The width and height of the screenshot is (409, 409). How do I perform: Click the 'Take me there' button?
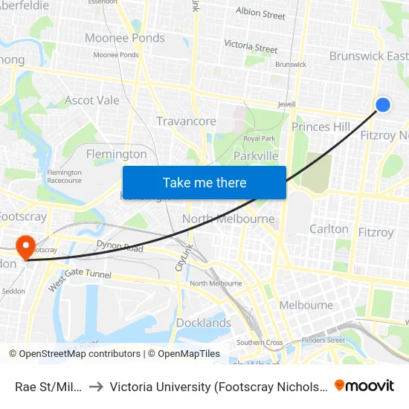(204, 182)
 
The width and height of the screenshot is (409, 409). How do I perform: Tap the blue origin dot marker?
(383, 105)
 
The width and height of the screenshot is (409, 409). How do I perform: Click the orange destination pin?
(26, 247)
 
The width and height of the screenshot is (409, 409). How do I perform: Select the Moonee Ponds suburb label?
(125, 38)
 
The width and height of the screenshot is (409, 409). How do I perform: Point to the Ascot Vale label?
(92, 100)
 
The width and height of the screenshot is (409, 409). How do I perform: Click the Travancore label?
(186, 121)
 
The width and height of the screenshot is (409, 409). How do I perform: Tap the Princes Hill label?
(321, 126)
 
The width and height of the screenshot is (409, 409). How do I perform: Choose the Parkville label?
(256, 155)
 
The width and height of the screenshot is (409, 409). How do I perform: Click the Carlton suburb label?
(329, 229)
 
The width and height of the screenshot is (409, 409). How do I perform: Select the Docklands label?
(204, 323)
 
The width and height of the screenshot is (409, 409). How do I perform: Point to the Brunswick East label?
(369, 56)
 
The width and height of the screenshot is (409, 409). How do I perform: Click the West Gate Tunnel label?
(80, 280)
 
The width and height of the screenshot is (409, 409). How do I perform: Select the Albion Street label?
(260, 13)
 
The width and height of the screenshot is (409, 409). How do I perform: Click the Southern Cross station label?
(260, 343)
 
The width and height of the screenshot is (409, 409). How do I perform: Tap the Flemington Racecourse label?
(64, 176)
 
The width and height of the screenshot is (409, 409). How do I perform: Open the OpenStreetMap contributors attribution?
(74, 354)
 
